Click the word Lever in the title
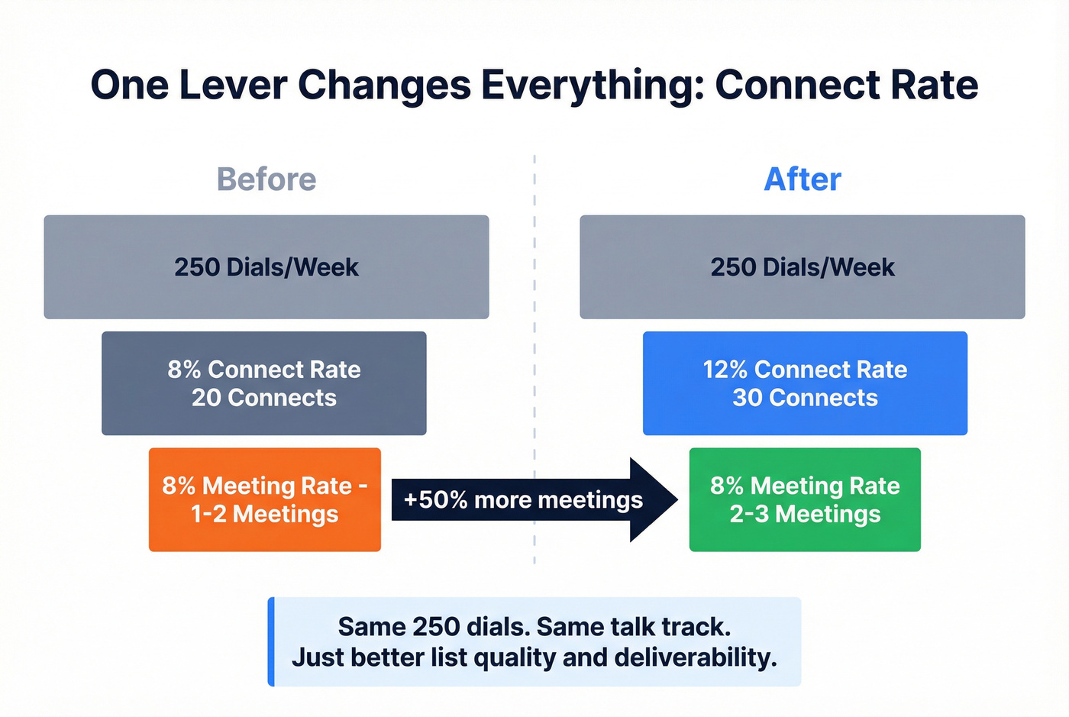[233, 85]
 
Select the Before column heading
[266, 179]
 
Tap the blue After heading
[803, 179]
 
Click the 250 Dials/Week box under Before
[266, 266]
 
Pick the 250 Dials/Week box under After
[803, 266]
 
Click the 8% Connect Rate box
[264, 383]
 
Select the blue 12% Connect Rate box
[805, 383]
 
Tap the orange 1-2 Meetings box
[265, 499]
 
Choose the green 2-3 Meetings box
[805, 499]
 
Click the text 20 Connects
[264, 398]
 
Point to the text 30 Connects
[805, 398]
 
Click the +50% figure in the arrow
[435, 500]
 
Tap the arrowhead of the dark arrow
[653, 500]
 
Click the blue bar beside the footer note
[271, 641]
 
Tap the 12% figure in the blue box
[725, 370]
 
